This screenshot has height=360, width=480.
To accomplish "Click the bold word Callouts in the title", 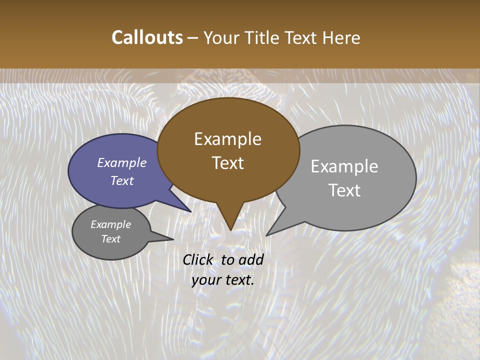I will point(147,37).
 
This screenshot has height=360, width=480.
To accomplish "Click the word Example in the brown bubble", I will point(227,139).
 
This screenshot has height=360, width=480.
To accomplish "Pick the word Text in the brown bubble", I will point(227,163).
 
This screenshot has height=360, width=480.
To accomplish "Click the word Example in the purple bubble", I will point(122,162).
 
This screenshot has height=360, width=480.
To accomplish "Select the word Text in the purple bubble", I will point(122,180).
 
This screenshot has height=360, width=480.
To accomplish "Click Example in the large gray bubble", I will point(344,166).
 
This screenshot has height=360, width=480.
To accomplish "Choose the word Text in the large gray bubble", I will point(344,190).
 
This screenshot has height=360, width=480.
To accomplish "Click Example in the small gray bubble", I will point(110,224).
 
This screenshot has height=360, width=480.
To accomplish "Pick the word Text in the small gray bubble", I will point(110,239).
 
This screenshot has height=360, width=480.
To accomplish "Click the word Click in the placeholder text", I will point(199,259).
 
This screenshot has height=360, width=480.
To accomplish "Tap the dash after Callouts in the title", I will point(193,37).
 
